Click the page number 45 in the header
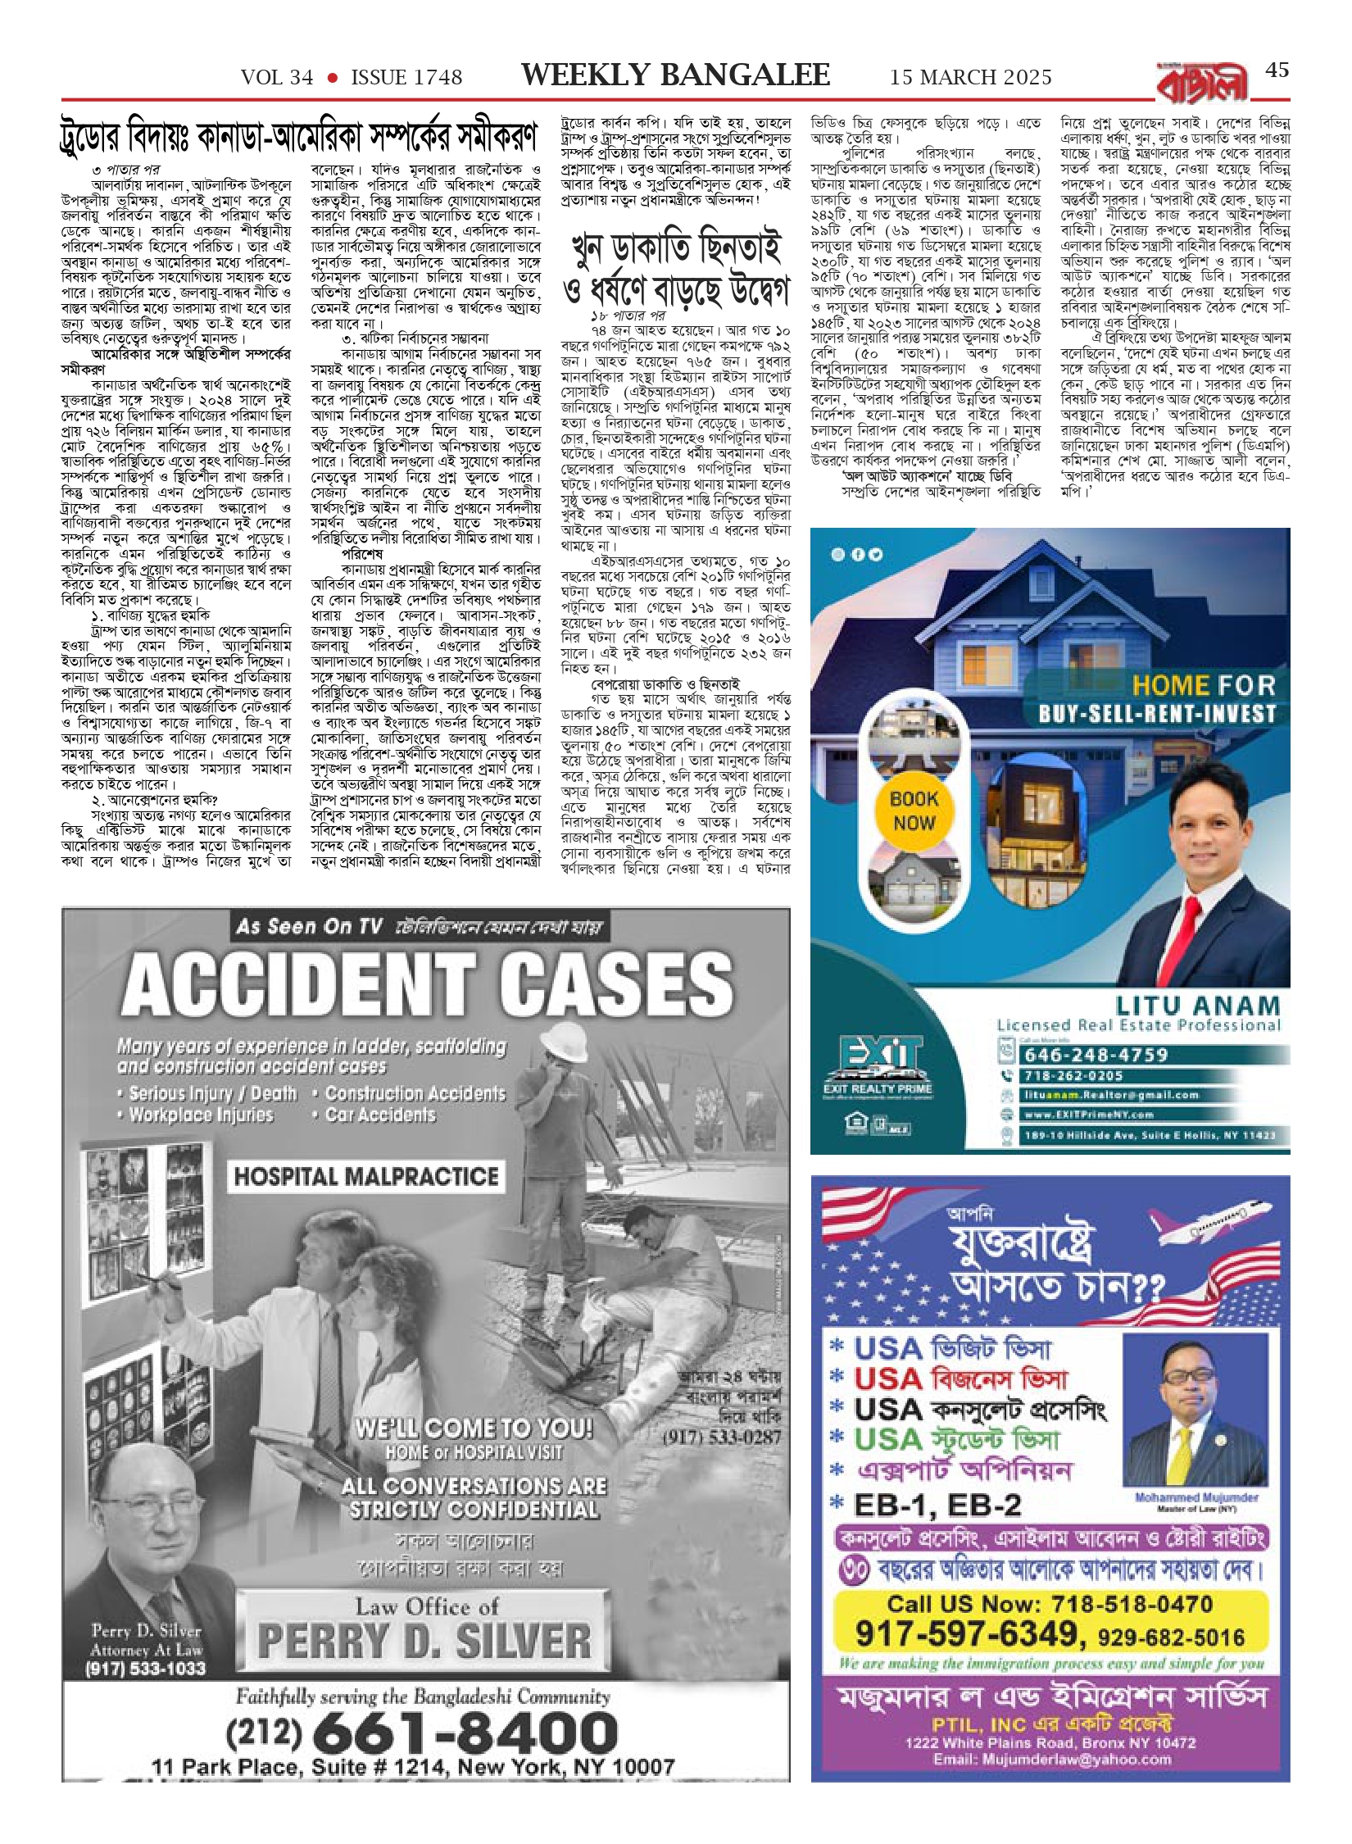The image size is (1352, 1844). pyautogui.click(x=1277, y=70)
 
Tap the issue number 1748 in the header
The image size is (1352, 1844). pyautogui.click(x=406, y=78)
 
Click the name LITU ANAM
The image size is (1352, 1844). pyautogui.click(x=1197, y=1006)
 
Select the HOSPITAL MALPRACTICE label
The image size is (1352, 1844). pyautogui.click(x=366, y=1177)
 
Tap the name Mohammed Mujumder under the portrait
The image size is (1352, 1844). pyautogui.click(x=1196, y=1497)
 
